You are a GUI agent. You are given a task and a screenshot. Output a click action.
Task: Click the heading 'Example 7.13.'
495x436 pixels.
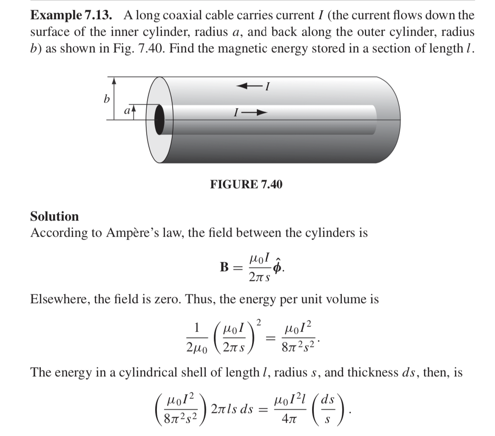click(71, 16)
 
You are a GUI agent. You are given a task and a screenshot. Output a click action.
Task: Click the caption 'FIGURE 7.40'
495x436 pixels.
click(246, 184)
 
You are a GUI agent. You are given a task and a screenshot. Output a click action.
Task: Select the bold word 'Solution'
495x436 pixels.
click(54, 216)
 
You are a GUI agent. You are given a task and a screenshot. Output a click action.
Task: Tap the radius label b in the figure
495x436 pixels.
click(106, 100)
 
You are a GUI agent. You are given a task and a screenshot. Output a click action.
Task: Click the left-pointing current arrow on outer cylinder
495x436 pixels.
click(248, 86)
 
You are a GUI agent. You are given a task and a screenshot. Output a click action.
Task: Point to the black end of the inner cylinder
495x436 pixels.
click(159, 120)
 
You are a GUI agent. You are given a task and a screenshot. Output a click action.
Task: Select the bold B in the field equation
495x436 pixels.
click(225, 267)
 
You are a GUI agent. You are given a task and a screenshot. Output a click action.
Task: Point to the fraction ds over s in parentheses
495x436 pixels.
click(328, 409)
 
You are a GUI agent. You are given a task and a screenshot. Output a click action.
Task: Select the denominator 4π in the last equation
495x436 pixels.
click(287, 418)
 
